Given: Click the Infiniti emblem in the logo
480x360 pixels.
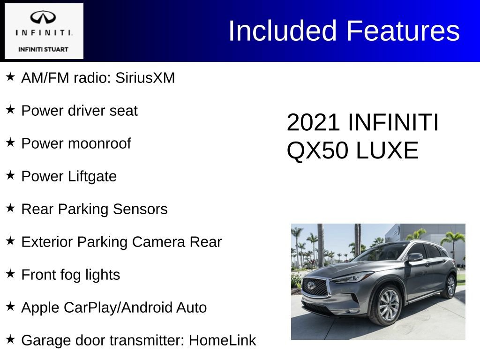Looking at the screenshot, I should pos(44,18).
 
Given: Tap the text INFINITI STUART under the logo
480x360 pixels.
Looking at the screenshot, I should pos(43,49).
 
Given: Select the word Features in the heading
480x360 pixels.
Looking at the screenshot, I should pos(403,31).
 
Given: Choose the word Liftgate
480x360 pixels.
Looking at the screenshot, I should pos(92,176).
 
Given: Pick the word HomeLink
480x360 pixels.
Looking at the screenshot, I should pos(222,340).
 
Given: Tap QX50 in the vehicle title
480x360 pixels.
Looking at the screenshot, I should pos(318,151).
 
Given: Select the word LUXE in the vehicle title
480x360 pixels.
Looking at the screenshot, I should pos(387,151).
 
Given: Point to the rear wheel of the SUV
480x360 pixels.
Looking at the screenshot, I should pos(449,285).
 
